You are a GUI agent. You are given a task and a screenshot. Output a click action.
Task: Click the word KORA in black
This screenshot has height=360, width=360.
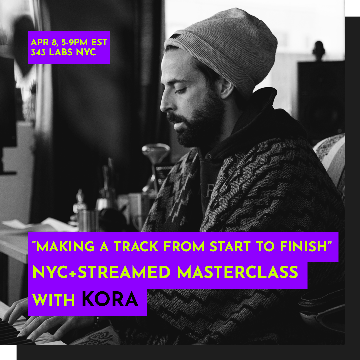pyautogui.click(x=110, y=299)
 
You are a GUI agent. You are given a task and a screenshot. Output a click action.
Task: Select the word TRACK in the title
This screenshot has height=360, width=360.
pyautogui.click(x=136, y=247)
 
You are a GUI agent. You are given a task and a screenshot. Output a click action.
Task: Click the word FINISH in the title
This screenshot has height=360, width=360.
pyautogui.click(x=304, y=247)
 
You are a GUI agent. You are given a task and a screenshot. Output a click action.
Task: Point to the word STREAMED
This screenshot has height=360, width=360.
pyautogui.click(x=124, y=272)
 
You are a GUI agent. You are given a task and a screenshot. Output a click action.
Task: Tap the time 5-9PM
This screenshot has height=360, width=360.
pyautogui.click(x=74, y=42)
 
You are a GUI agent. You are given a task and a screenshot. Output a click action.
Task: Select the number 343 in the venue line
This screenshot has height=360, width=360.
pyautogui.click(x=38, y=52)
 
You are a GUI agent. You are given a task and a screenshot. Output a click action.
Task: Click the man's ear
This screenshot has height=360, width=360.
pyautogui.click(x=226, y=88)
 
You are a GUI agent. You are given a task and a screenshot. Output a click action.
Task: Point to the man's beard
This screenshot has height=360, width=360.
pyautogui.click(x=197, y=124)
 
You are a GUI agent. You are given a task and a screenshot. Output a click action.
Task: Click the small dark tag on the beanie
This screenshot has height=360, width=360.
pyautogui.click(x=175, y=36)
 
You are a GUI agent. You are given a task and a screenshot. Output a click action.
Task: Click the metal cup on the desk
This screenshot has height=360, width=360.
pyautogui.click(x=88, y=220)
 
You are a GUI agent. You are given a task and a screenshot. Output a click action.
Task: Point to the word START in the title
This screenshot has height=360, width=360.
pyautogui.click(x=230, y=247)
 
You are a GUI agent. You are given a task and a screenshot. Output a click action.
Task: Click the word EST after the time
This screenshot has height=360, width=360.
pyautogui.click(x=99, y=42)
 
